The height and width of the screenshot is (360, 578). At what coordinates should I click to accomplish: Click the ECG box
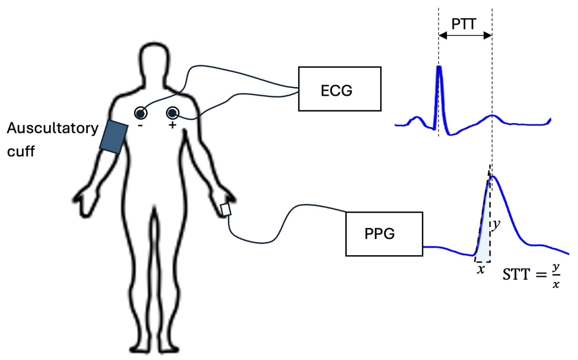(340, 89)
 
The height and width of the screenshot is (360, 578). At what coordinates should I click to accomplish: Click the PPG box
(384, 234)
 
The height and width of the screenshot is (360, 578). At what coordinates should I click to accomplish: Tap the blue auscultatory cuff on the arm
(114, 137)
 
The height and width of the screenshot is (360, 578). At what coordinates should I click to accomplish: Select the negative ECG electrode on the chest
(141, 113)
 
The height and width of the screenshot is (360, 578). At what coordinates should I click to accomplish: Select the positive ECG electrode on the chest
(173, 113)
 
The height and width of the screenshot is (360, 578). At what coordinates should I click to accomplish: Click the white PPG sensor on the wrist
(225, 210)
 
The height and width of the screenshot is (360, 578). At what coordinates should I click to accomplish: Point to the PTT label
(464, 24)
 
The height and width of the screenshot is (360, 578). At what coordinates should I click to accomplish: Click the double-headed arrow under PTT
(465, 36)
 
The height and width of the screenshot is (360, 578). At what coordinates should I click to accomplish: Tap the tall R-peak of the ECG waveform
(439, 68)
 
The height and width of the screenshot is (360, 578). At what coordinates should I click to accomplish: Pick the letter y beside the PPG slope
(496, 225)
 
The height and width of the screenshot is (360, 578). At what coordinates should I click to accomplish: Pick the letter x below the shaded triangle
(481, 270)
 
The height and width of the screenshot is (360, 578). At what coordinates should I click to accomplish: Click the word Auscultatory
(52, 128)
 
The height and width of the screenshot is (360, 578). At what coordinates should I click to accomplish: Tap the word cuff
(21, 151)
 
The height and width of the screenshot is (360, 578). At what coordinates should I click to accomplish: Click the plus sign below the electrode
(172, 125)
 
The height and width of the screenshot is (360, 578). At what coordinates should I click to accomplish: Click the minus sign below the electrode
(140, 125)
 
